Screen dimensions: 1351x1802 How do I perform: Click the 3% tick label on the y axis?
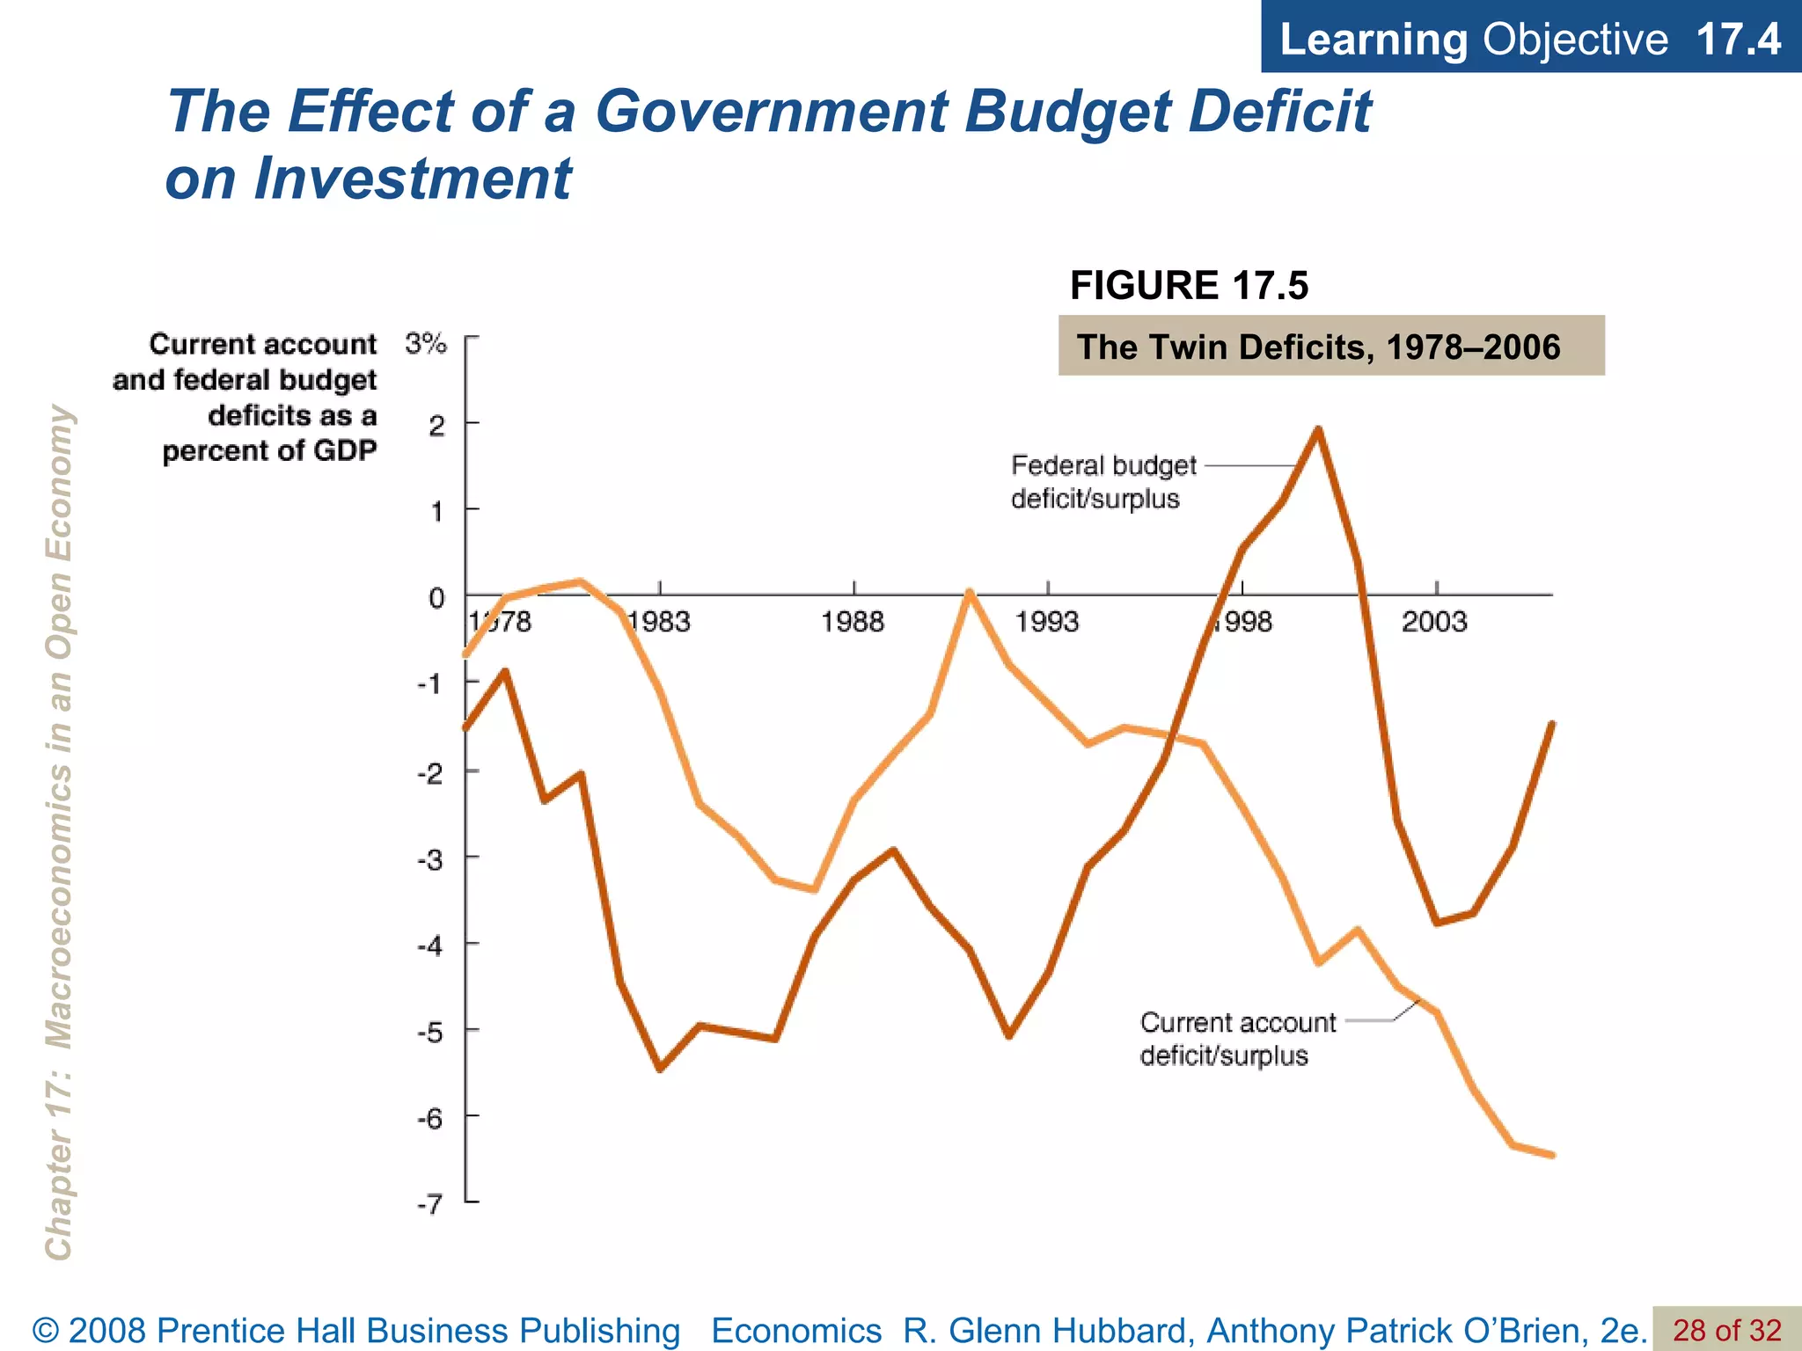pyautogui.click(x=426, y=343)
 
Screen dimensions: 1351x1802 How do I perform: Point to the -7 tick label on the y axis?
pyautogui.click(x=430, y=1204)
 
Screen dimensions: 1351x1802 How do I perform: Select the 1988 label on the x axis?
pyautogui.click(x=852, y=623)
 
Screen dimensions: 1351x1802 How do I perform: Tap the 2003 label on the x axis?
pyautogui.click(x=1434, y=623)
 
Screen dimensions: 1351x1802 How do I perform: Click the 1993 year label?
pyautogui.click(x=1046, y=623)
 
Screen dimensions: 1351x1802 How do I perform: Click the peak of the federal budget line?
pyautogui.click(x=1318, y=429)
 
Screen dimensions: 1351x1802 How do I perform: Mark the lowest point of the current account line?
pyautogui.click(x=1552, y=1155)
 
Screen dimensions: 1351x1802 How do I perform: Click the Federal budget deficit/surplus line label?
pyautogui.click(x=1103, y=482)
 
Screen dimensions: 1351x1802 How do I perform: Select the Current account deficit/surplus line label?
pyautogui.click(x=1236, y=1039)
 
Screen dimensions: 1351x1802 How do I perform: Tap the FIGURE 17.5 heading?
pyautogui.click(x=1189, y=286)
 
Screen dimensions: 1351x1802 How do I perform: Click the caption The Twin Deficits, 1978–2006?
pyautogui.click(x=1318, y=347)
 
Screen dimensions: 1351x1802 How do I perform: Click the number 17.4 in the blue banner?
pyautogui.click(x=1738, y=40)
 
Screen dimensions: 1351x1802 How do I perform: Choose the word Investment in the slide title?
pyautogui.click(x=413, y=179)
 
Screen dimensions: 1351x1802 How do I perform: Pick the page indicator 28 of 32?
pyautogui.click(x=1726, y=1330)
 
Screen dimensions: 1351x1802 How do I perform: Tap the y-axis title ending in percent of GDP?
pyautogui.click(x=245, y=397)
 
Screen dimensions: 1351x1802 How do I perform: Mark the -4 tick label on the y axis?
pyautogui.click(x=430, y=946)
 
